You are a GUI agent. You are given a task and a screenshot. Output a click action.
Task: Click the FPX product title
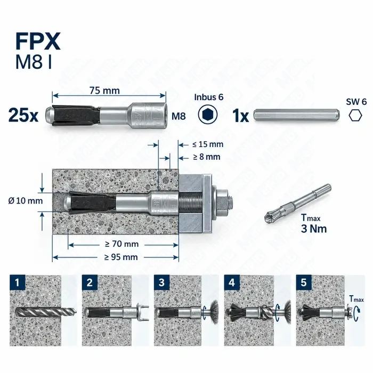click(38, 42)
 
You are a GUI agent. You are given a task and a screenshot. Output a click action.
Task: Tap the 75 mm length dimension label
click(104, 91)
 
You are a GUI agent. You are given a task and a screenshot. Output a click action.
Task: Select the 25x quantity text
click(23, 115)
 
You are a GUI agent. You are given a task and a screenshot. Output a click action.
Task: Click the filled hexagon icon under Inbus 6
click(208, 115)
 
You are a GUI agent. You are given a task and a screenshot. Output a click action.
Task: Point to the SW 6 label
click(356, 102)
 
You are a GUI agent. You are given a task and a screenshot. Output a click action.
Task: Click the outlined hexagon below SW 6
click(355, 116)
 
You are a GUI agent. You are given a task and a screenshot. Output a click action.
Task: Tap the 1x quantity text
click(240, 116)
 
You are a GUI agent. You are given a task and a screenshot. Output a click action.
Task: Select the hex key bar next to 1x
click(296, 116)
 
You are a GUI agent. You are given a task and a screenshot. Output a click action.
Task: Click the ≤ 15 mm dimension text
click(208, 144)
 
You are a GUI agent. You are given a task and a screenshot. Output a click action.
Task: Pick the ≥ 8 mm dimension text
click(207, 157)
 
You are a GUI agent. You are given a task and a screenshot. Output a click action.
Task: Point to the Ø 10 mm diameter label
click(26, 201)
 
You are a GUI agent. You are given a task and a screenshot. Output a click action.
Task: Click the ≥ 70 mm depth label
click(122, 244)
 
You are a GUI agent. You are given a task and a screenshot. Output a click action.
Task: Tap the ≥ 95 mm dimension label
click(121, 257)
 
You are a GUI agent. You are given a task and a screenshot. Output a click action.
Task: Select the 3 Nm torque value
click(314, 229)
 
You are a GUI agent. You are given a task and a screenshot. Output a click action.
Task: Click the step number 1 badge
click(18, 282)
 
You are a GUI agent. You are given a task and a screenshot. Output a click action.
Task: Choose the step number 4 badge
click(232, 282)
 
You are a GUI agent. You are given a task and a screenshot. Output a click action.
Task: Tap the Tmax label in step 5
click(356, 299)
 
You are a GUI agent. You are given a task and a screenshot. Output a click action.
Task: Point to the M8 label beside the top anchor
click(179, 116)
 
